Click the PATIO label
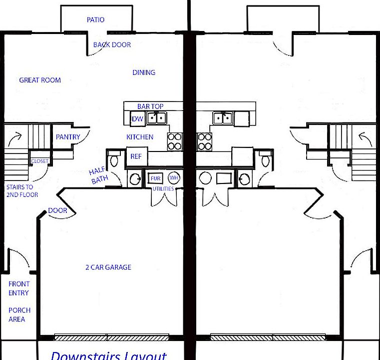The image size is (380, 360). click(95, 20)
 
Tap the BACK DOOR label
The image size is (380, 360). click(112, 45)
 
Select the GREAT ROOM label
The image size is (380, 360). click(40, 80)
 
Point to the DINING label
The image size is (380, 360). click(144, 72)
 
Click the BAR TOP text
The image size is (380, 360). click(150, 106)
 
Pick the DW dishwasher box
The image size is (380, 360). click(137, 119)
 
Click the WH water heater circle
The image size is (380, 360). click(173, 177)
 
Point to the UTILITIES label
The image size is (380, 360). click(163, 189)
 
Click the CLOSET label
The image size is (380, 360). click(40, 161)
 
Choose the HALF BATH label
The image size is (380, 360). click(98, 176)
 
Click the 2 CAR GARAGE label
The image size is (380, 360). click(108, 267)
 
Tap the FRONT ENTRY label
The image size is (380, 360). click(19, 288)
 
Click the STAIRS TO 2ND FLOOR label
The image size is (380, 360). click(22, 191)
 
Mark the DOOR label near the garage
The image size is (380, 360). click(57, 210)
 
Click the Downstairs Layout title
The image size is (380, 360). click(108, 355)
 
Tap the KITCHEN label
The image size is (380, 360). click(140, 137)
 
